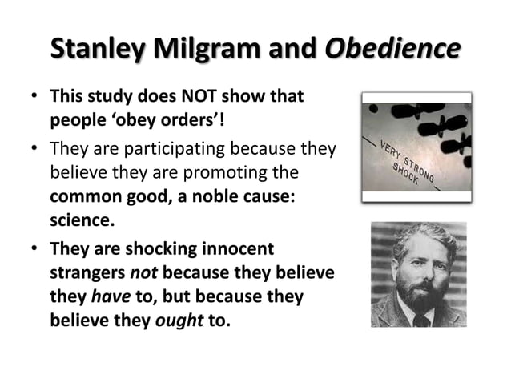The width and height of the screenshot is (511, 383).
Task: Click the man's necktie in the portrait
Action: [419, 320]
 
